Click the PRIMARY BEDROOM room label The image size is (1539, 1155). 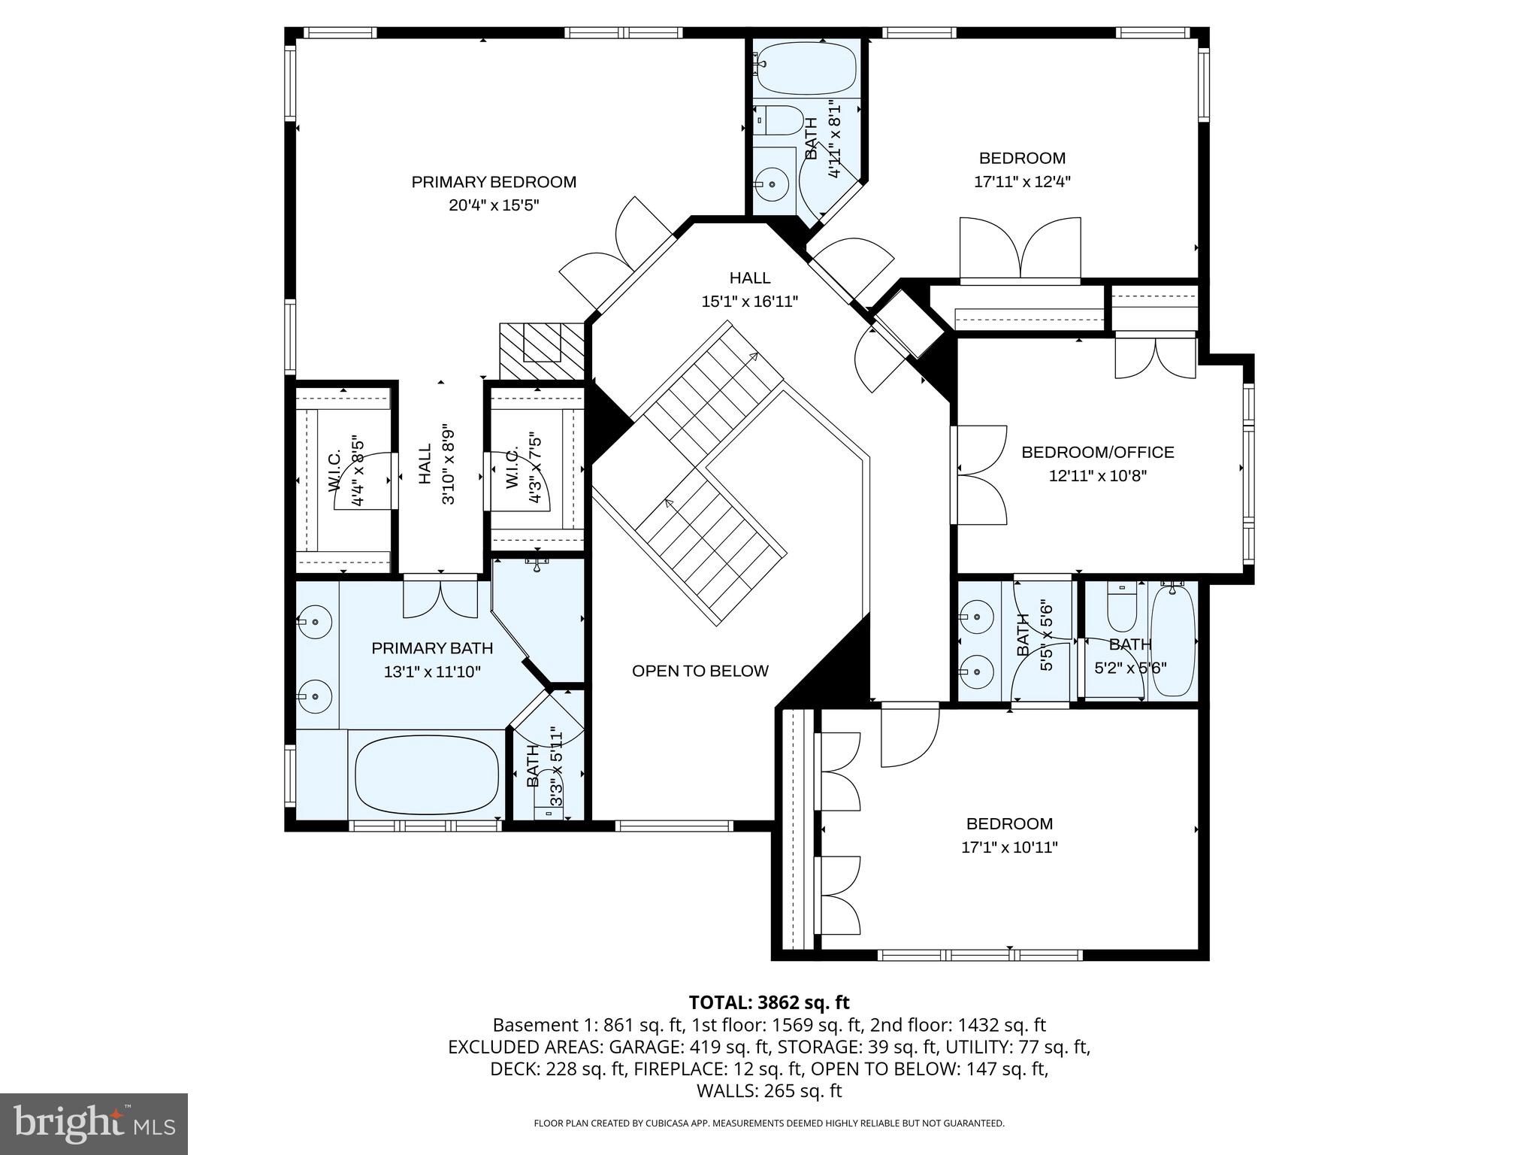pyautogui.click(x=494, y=182)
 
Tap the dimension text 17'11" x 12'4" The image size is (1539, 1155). pyautogui.click(x=1022, y=181)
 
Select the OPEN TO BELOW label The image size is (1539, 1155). pyautogui.click(x=700, y=671)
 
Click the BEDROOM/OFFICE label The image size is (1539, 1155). pyautogui.click(x=1097, y=452)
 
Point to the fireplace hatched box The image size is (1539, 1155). pyautogui.click(x=541, y=351)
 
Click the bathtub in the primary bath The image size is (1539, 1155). pyautogui.click(x=426, y=774)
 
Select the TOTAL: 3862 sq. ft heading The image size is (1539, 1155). pyautogui.click(x=769, y=1002)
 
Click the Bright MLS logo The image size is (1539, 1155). pyautogui.click(x=94, y=1123)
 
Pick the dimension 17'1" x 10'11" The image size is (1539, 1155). pyautogui.click(x=1009, y=847)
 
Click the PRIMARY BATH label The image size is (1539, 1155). pyautogui.click(x=432, y=648)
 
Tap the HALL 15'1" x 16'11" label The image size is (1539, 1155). pyautogui.click(x=749, y=290)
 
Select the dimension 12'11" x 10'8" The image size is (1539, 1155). pyautogui.click(x=1097, y=475)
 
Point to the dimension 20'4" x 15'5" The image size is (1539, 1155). pyautogui.click(x=494, y=205)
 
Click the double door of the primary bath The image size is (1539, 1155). pyautogui.click(x=440, y=599)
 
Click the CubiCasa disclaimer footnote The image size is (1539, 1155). pyautogui.click(x=769, y=1123)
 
